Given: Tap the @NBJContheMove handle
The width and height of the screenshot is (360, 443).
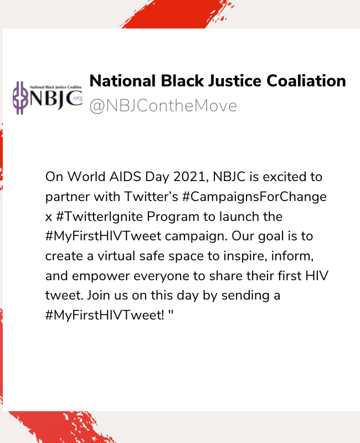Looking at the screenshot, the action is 163,106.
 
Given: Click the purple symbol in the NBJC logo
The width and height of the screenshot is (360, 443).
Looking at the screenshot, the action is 20,98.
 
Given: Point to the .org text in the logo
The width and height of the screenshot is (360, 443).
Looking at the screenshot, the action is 78,98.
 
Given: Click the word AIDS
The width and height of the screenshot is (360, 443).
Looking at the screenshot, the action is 125,177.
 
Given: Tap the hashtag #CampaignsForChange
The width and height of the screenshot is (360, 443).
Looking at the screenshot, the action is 254,197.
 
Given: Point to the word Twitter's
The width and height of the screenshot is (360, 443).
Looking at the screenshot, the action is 151,197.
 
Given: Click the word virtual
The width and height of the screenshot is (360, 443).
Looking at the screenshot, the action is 116,256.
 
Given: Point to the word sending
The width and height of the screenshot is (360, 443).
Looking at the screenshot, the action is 245,296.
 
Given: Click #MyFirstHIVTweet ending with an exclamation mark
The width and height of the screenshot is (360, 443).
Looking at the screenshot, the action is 105,315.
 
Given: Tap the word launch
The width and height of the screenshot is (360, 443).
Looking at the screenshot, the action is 239,217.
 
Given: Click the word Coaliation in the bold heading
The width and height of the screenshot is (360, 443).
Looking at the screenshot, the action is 306,81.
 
